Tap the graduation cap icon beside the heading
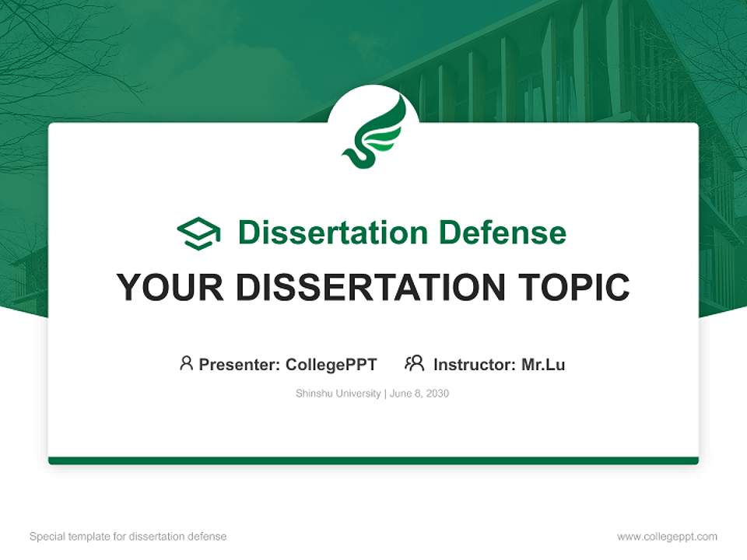coord(198,233)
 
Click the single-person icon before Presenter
coord(186,363)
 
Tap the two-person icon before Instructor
coord(414,363)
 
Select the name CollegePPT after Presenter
coord(331,364)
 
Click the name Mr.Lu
coord(542,364)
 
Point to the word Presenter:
coord(240,364)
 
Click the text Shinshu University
coord(338,394)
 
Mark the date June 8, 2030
coord(419,394)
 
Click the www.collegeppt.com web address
coord(667,537)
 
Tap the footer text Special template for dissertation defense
coord(128,537)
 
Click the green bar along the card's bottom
coord(373,460)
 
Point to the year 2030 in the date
coord(437,394)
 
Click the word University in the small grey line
coord(357,394)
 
